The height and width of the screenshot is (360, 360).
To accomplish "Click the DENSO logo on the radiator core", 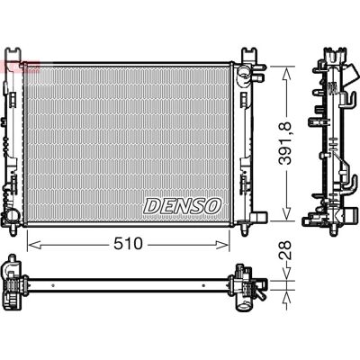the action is (x=183, y=206).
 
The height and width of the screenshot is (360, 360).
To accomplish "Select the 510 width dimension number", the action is (x=128, y=245).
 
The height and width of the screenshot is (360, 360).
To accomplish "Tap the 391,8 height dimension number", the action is (x=284, y=143).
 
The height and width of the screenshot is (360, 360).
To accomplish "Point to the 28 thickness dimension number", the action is (x=284, y=250).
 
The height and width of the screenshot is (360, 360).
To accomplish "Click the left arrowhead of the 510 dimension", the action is (x=34, y=245).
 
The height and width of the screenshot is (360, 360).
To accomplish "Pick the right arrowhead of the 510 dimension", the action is (x=222, y=245).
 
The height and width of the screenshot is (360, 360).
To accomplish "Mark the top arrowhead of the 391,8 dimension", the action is (x=286, y=74).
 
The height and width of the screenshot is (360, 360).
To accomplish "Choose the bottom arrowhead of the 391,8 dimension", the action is (x=286, y=213).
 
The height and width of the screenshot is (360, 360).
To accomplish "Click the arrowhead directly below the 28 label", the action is (x=286, y=273).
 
